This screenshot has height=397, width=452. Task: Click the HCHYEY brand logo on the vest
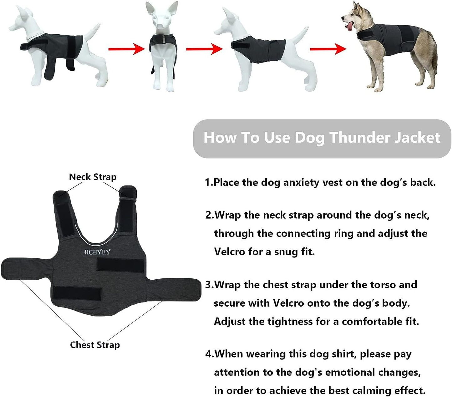point(97,252)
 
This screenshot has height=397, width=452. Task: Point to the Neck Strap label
point(93,177)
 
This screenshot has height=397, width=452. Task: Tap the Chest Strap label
point(95,345)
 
